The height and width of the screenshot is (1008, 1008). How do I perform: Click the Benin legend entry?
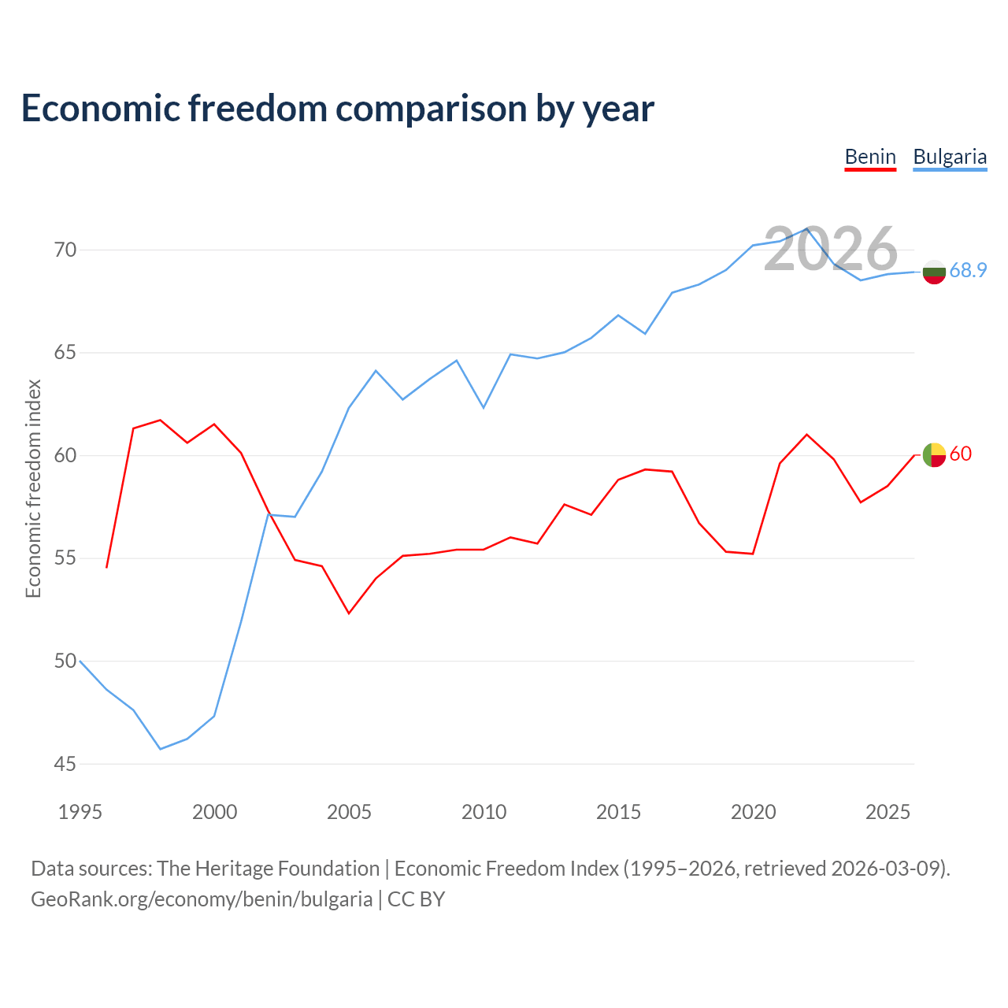870,157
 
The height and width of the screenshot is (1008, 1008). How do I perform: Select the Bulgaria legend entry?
950,157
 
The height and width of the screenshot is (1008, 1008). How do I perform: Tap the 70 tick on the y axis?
65,250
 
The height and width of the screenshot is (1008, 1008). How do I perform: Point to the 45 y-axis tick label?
65,764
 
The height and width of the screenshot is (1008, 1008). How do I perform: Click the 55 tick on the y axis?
65,558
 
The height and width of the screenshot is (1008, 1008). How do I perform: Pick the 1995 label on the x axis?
80,812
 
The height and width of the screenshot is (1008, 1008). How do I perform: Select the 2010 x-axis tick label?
484,812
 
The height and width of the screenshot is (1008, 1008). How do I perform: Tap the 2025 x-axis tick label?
888,812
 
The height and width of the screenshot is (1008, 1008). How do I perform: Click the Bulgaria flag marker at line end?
934,272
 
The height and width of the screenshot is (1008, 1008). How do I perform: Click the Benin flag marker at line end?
934,455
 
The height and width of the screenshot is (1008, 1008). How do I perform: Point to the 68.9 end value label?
968,271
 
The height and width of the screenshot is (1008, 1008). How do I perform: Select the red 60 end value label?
961,454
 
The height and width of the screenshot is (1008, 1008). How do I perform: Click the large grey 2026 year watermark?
831,249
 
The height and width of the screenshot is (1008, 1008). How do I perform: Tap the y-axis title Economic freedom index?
33,488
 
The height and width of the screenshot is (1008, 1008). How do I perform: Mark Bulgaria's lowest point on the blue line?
161,749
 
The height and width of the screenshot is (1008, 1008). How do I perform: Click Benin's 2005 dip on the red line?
349,613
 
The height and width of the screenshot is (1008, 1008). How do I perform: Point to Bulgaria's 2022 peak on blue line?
806,229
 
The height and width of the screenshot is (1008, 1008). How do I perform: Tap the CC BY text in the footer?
416,899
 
